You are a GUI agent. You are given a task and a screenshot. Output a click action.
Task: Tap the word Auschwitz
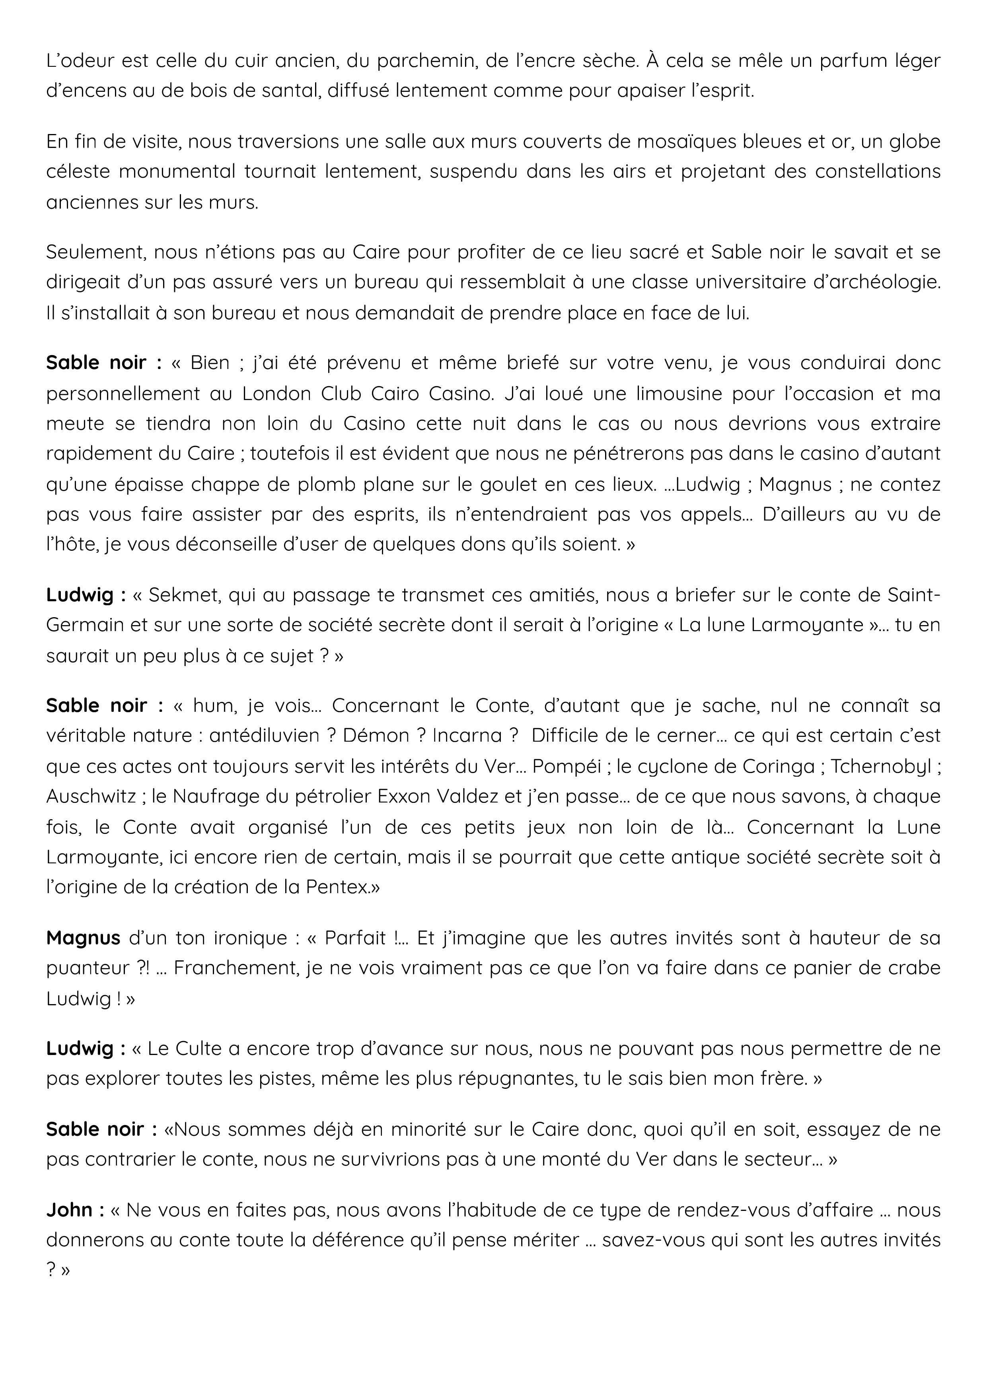(91, 797)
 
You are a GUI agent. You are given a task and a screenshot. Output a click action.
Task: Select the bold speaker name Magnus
(83, 938)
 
